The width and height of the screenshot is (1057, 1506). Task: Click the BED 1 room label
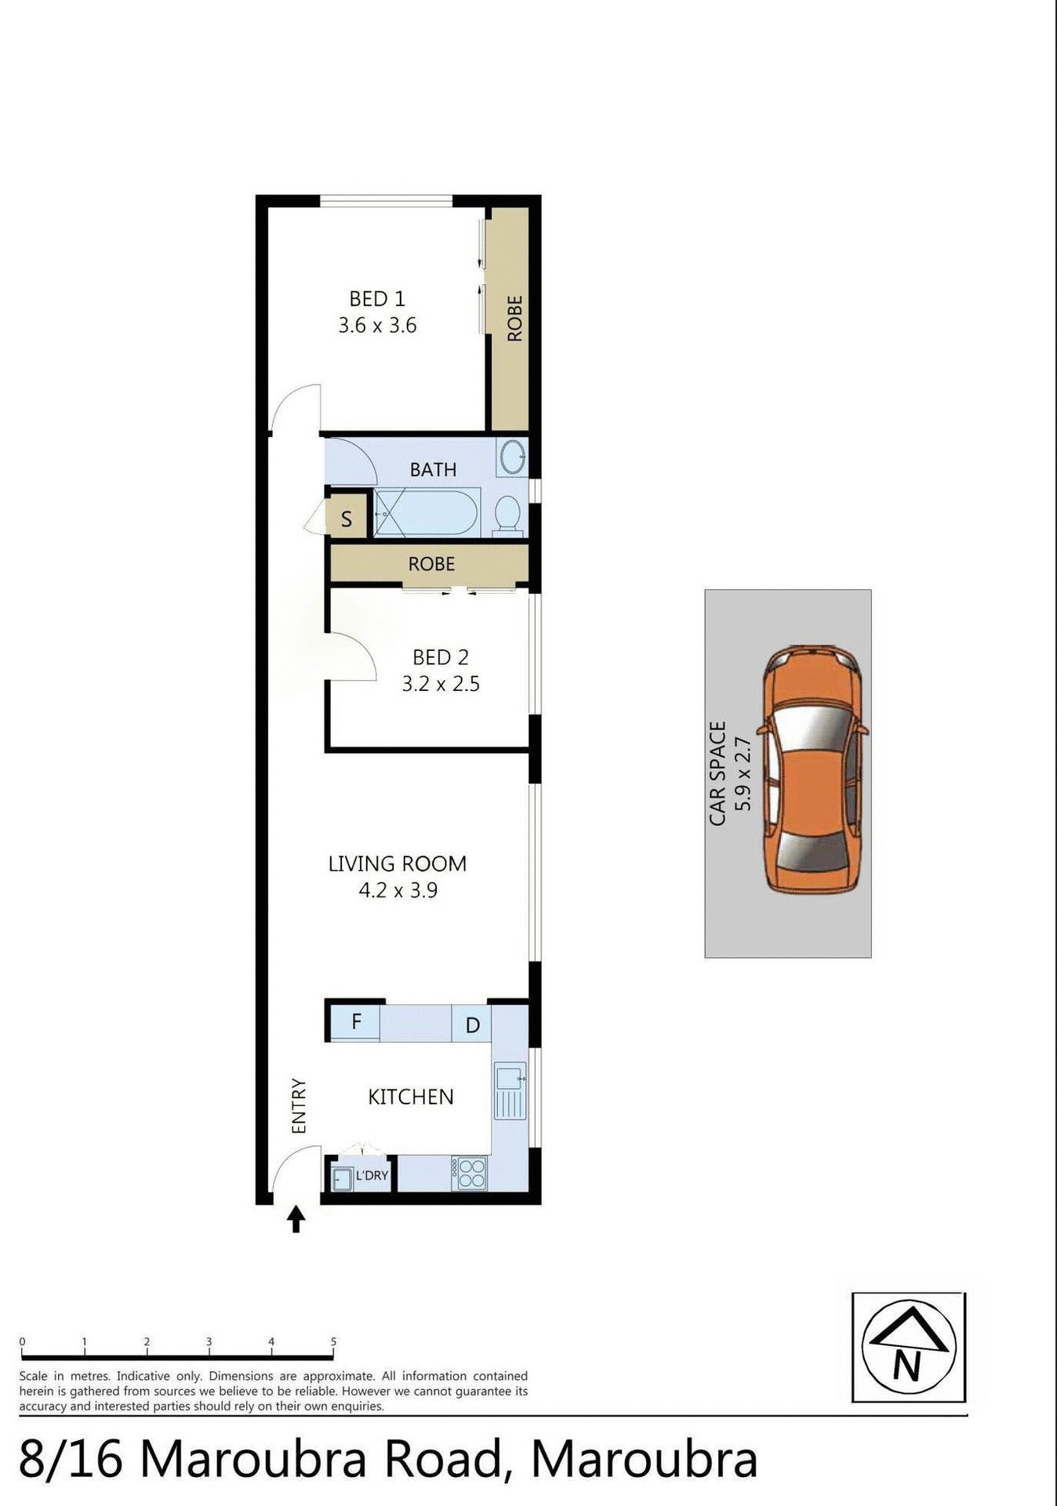(377, 299)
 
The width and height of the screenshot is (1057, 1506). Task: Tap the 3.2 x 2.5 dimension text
(441, 684)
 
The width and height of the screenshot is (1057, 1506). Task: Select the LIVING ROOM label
(398, 864)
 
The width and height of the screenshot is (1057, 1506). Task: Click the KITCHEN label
(411, 1097)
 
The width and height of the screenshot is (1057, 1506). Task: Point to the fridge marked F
(356, 1022)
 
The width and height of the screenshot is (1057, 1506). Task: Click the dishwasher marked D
(472, 1025)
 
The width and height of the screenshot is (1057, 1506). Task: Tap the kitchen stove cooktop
(470, 1173)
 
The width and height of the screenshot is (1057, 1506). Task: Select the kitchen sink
(510, 1091)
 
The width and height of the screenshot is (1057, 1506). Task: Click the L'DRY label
(372, 1175)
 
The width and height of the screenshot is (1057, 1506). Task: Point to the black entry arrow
(296, 1220)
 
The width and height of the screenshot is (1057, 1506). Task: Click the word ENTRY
(299, 1106)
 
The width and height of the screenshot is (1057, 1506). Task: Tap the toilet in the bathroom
(508, 515)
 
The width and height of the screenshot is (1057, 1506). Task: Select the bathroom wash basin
(513, 457)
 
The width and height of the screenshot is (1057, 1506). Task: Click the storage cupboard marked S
(347, 518)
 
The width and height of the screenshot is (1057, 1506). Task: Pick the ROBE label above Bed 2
(431, 564)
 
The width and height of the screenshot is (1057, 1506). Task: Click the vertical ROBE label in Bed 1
(515, 318)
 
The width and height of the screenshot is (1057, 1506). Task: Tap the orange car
(813, 769)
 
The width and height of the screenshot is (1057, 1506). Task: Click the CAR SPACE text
(717, 773)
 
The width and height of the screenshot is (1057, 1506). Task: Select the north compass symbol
(908, 1347)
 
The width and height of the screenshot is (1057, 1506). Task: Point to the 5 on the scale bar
(333, 1341)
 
